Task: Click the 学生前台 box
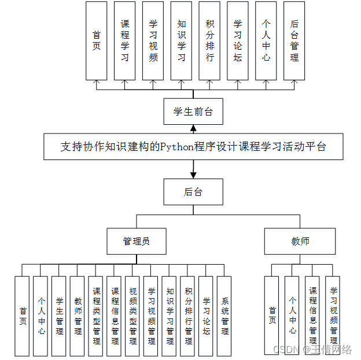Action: (x=193, y=112)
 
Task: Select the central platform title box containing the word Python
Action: (x=193, y=147)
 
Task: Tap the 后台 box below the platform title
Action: (x=193, y=191)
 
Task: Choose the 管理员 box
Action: (x=137, y=241)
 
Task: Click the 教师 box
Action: (x=300, y=241)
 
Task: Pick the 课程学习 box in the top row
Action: (x=124, y=40)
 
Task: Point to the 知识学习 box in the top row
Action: (x=181, y=40)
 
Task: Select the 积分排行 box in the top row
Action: (x=209, y=40)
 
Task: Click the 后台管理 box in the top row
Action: (x=294, y=40)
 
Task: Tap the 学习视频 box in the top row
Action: (x=153, y=40)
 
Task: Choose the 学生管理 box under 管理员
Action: (x=59, y=316)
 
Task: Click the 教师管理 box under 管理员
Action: (x=78, y=316)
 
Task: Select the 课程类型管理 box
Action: (x=96, y=316)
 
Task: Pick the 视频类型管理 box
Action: (x=133, y=316)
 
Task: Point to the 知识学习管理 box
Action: (x=170, y=316)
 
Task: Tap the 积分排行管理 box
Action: (x=188, y=316)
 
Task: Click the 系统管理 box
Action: (x=224, y=316)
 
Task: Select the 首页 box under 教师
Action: (x=272, y=316)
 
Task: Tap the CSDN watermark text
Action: (x=312, y=350)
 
